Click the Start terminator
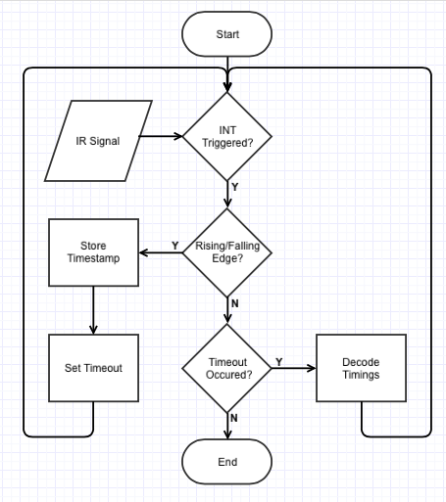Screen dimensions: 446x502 click(227, 34)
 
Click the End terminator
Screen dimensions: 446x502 click(227, 462)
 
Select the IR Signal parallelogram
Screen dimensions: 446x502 click(98, 141)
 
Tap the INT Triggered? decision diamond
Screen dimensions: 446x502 click(227, 136)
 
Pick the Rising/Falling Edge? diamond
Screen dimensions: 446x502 click(227, 252)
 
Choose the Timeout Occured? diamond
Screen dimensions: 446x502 click(227, 368)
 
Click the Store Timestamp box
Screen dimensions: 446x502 click(93, 252)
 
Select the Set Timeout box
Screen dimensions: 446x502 click(93, 368)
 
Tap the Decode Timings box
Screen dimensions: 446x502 click(361, 368)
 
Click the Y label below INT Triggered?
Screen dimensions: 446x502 click(235, 187)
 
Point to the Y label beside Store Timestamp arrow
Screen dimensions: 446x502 click(175, 246)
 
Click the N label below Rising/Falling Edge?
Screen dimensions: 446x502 click(235, 303)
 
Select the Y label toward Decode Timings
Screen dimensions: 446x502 click(278, 362)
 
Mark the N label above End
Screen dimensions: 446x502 click(234, 418)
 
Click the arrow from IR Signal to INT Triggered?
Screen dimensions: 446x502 click(161, 136)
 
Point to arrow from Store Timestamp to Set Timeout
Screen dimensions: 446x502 click(93, 310)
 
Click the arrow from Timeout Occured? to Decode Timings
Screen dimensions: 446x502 click(293, 368)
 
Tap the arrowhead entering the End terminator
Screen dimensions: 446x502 click(227, 435)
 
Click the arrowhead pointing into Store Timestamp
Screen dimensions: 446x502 click(144, 252)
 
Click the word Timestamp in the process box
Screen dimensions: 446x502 click(93, 258)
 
